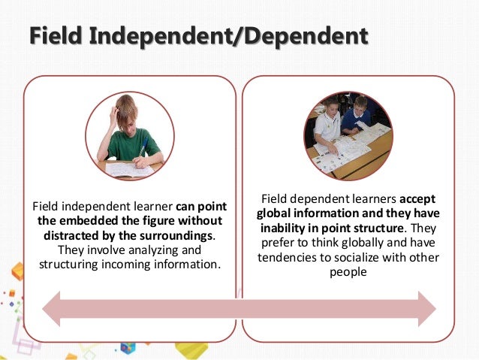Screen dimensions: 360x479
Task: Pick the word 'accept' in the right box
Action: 417,199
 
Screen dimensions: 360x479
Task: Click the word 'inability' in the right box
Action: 283,228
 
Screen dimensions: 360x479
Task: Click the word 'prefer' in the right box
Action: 279,243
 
